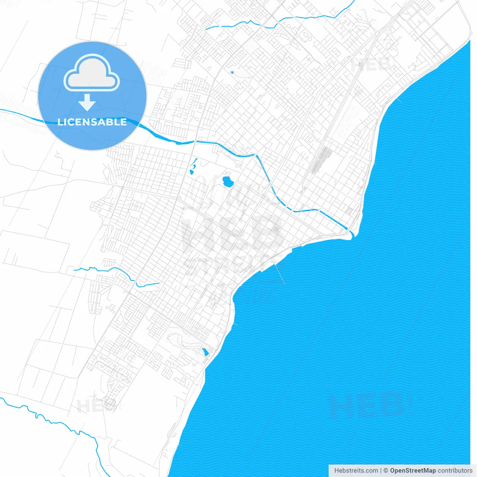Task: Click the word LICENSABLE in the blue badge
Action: (92, 122)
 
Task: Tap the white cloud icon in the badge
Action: (92, 73)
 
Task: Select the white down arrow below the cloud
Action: (87, 102)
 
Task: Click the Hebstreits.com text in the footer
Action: (356, 471)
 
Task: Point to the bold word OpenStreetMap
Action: (413, 471)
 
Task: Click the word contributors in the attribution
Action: (455, 471)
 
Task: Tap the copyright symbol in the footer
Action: (386, 471)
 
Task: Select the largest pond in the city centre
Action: (227, 182)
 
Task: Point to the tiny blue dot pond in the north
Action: (232, 72)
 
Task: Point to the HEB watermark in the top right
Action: (371, 65)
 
